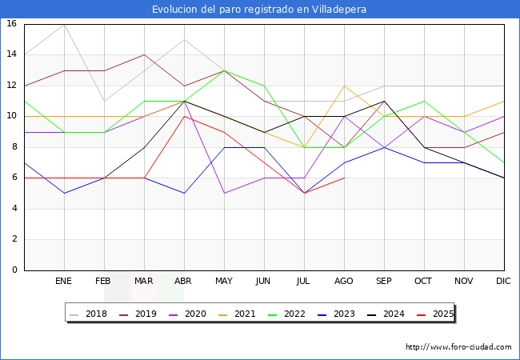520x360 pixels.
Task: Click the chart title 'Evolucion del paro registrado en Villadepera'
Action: click(260, 10)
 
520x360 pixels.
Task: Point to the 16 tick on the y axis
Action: click(11, 24)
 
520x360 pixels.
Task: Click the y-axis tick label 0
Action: click(14, 270)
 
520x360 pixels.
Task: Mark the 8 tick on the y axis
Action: click(14, 147)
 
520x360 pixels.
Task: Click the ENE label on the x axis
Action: click(64, 282)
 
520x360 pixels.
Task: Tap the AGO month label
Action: click(344, 282)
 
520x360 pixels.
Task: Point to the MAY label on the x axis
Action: click(224, 282)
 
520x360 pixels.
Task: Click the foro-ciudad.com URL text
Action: click(458, 347)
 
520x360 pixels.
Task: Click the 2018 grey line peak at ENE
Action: click(64, 24)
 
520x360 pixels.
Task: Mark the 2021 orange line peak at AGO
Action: click(344, 86)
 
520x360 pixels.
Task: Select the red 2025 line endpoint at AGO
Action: click(344, 178)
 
